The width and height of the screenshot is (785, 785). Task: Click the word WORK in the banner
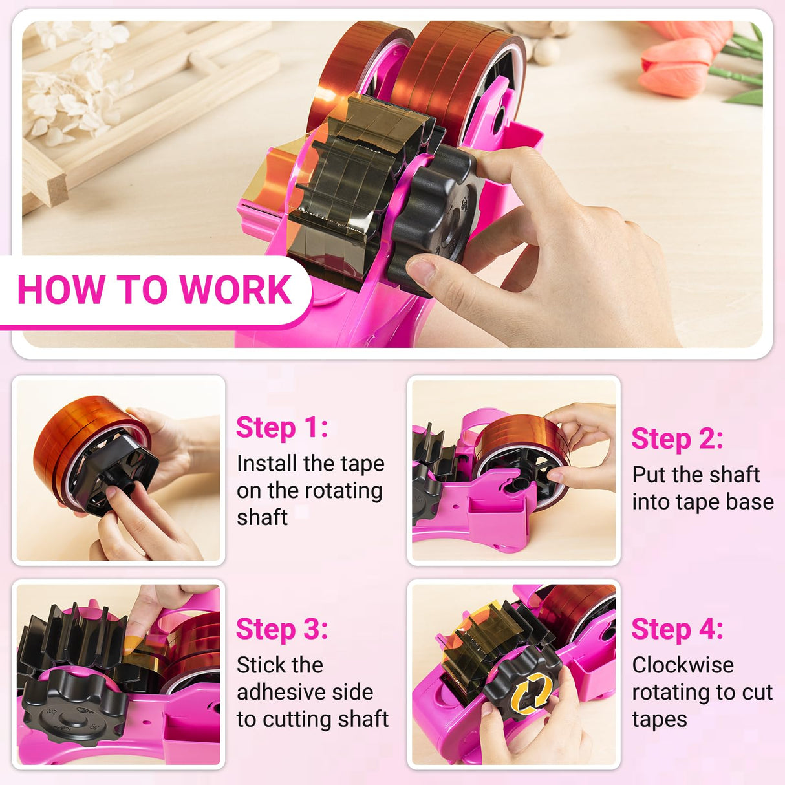[235, 290]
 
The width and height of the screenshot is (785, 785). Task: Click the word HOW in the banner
[61, 290]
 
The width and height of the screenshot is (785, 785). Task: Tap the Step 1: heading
[282, 427]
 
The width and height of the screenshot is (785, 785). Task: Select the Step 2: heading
[677, 438]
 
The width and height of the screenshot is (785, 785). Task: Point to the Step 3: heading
[282, 629]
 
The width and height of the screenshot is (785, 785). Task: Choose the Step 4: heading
[677, 629]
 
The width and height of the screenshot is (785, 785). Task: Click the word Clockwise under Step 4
[683, 665]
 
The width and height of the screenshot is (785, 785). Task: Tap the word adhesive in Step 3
[305, 692]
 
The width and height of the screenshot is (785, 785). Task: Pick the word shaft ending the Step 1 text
[262, 517]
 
